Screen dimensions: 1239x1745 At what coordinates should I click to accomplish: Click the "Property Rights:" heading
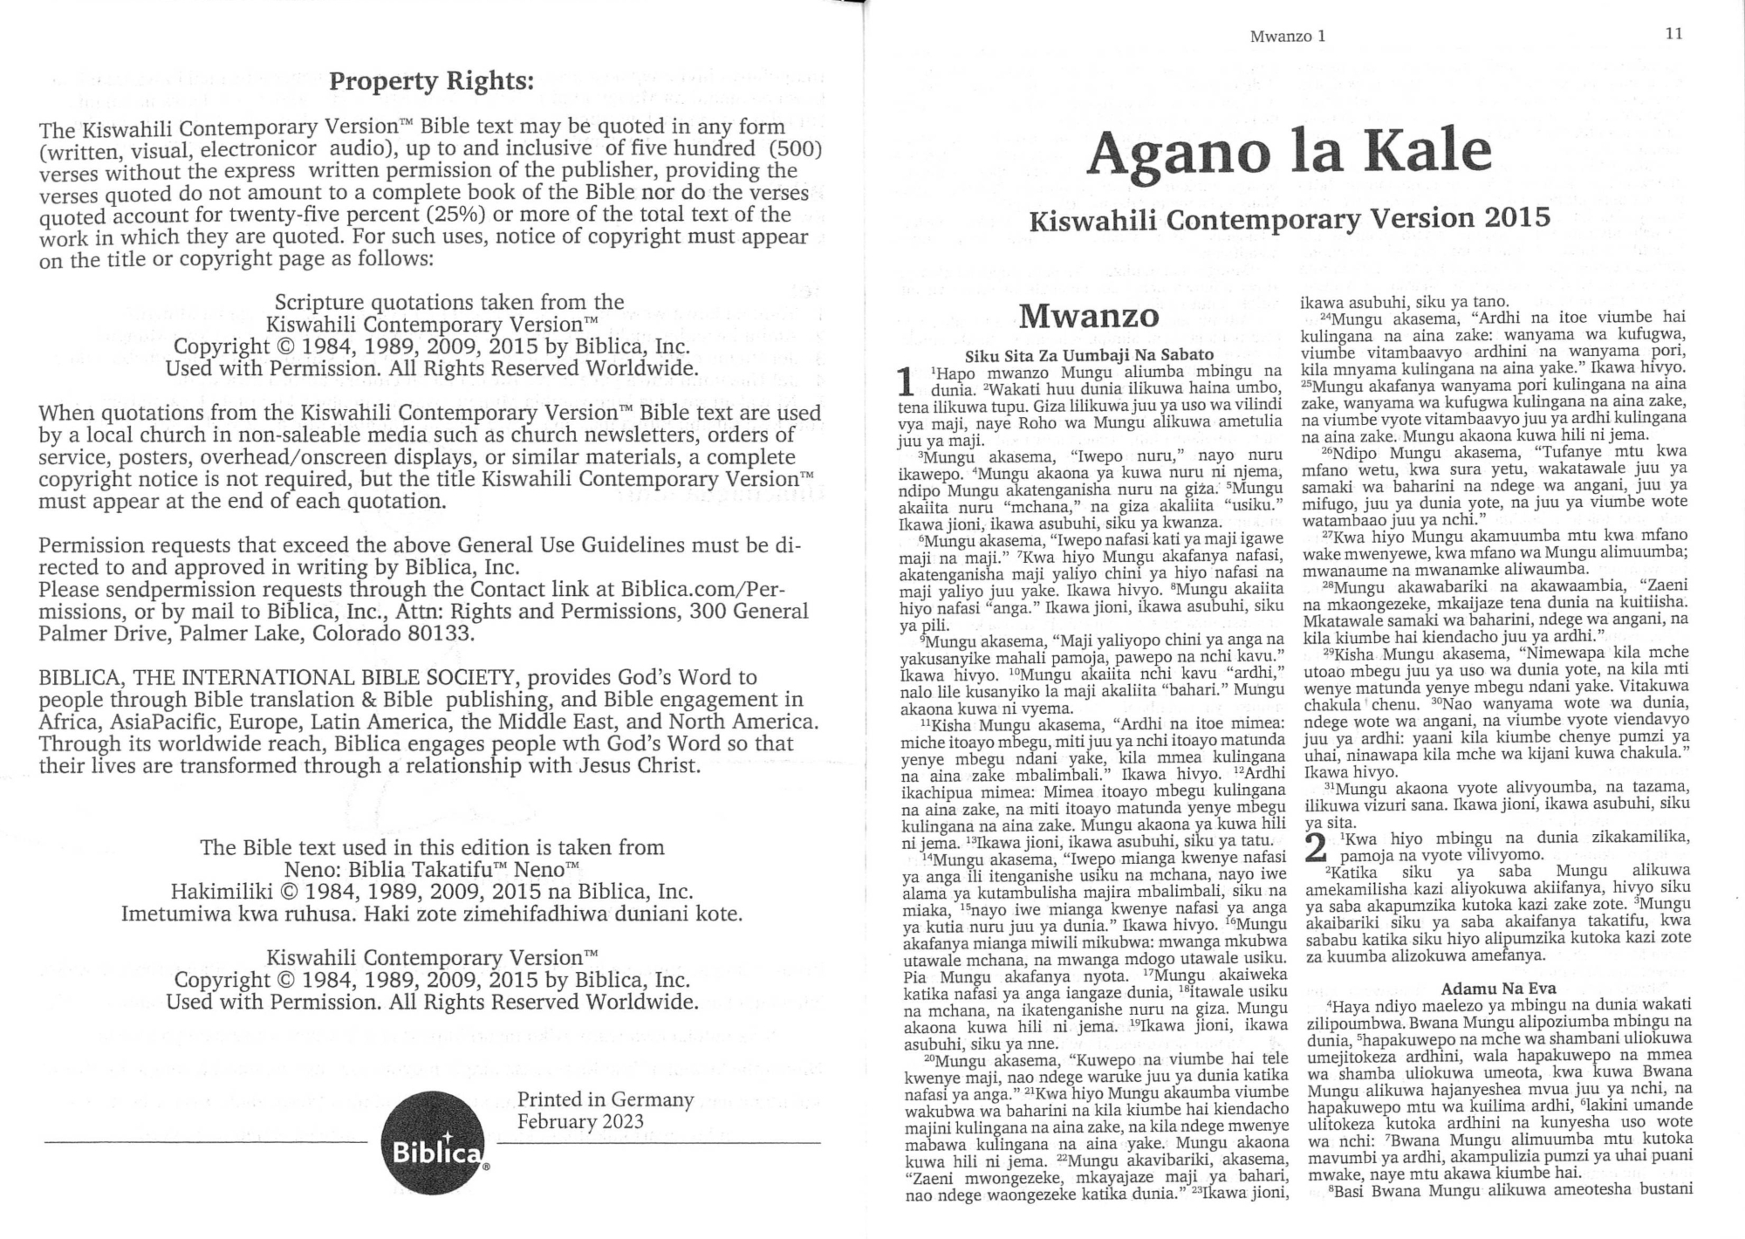pos(431,82)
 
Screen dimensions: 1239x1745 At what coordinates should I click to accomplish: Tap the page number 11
pos(1673,34)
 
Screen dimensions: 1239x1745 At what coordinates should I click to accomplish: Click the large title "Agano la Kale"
pos(1289,154)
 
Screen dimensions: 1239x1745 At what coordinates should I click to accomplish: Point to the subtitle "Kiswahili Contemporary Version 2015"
pos(1290,218)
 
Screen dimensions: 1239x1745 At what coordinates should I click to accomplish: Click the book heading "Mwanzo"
pos(1089,316)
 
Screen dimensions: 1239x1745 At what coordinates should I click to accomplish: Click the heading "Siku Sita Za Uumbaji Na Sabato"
pos(1089,354)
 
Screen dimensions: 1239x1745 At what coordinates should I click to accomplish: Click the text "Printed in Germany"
pos(605,1099)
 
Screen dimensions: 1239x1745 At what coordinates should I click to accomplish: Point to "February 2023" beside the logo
pos(580,1121)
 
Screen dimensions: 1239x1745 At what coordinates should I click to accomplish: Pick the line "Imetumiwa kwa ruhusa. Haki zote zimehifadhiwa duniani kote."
pos(431,914)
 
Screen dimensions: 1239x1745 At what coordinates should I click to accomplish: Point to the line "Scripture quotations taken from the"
pos(449,303)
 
